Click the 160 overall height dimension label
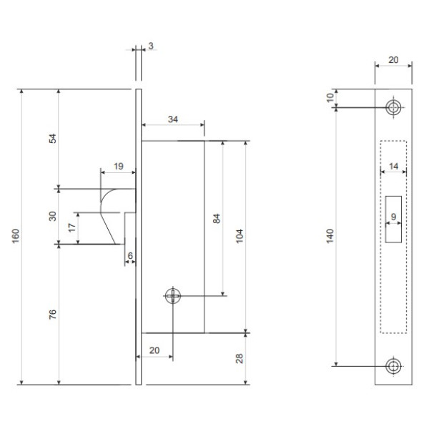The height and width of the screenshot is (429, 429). [x=16, y=235]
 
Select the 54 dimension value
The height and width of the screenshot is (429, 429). [x=52, y=139]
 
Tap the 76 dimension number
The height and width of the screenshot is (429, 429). [x=52, y=314]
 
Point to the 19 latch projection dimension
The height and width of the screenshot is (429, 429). [x=119, y=166]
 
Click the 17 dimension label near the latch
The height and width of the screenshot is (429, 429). [x=71, y=227]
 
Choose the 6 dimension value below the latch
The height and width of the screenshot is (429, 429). [x=130, y=255]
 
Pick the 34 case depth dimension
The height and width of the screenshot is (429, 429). [x=173, y=119]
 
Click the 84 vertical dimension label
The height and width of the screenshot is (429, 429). [x=216, y=219]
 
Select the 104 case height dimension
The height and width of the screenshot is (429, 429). [x=239, y=236]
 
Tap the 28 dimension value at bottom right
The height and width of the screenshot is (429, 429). [x=239, y=358]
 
